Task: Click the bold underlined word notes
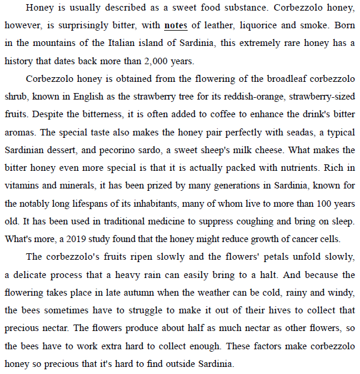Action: click(176, 27)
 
